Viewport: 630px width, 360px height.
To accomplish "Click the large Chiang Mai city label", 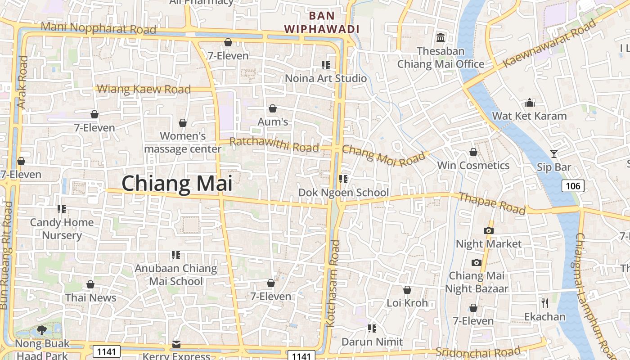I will point(177,184).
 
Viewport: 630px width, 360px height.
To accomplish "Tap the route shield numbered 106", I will point(573,185).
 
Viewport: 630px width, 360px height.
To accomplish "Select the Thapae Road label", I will point(492,203).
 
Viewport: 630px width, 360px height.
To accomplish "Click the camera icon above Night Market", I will point(488,231).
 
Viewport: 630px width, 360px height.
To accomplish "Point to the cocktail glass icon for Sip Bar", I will point(554,154).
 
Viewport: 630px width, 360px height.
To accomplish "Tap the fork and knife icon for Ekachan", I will point(545,303).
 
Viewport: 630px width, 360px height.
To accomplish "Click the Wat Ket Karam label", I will point(529,116).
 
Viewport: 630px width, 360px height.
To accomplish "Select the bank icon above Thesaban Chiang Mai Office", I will point(441,37).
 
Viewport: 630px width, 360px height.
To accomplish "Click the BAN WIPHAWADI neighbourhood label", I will point(322,22).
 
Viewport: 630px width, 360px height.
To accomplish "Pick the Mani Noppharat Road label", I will point(98,28).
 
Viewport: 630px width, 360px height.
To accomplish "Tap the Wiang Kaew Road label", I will point(144,89).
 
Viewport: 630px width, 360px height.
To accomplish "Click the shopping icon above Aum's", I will point(272,108).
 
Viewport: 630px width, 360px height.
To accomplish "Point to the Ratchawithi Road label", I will point(274,144).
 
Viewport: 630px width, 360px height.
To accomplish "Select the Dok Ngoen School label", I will point(343,193).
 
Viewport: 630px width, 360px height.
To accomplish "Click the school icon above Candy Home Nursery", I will point(62,209).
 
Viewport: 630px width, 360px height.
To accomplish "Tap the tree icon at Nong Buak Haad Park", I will point(42,330).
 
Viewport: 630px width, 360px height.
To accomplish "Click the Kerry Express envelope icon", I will point(176,344).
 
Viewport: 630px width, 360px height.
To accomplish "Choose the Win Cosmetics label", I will point(473,166).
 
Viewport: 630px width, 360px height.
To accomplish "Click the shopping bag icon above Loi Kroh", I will point(407,290).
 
